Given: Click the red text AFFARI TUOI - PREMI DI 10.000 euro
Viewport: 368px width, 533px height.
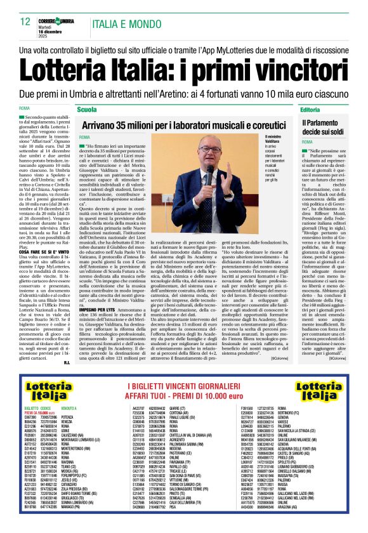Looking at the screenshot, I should coord(184,383).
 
